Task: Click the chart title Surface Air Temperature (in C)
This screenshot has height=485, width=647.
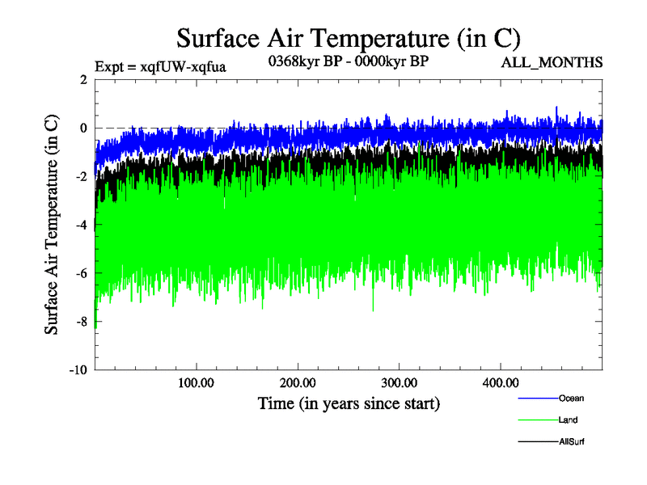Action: coord(348,38)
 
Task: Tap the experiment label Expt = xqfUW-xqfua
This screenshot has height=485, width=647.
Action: coord(160,66)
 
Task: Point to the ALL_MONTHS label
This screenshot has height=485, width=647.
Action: coord(552,63)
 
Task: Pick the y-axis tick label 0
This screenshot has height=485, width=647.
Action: coord(83,128)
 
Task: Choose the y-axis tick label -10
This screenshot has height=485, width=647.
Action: coord(78,370)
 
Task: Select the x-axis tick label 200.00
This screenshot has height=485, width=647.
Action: coord(298,382)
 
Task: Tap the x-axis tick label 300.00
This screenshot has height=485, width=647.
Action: coord(400,382)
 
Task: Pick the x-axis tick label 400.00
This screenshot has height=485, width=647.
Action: coord(501,382)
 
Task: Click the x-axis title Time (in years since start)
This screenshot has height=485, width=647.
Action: coord(349,403)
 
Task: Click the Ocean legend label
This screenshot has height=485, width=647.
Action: coord(571,398)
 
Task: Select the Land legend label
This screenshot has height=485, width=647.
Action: coord(568,420)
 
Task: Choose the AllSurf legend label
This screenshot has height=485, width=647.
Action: coord(571,442)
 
